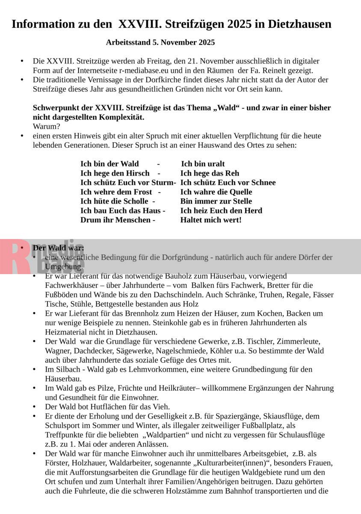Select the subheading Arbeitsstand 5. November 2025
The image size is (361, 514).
pos(160,42)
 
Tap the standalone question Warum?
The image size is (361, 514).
pos(47,127)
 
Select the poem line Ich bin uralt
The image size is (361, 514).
pos(203,164)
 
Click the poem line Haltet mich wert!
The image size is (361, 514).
pos(211,220)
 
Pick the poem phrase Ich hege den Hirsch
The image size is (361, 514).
pos(115,173)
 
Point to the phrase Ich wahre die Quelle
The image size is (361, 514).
pos(216,192)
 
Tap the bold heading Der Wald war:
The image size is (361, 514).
pos(58,248)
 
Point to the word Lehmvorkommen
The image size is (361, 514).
pos(141,369)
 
